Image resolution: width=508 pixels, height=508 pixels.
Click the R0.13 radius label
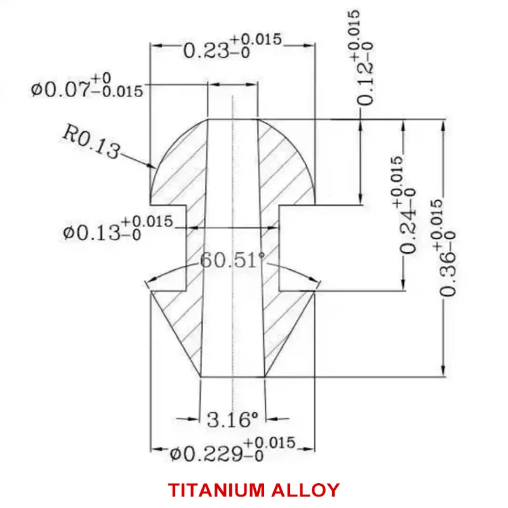(91, 141)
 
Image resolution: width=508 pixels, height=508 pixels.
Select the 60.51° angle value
(232, 260)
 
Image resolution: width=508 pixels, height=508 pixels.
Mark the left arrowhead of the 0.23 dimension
(156, 45)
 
